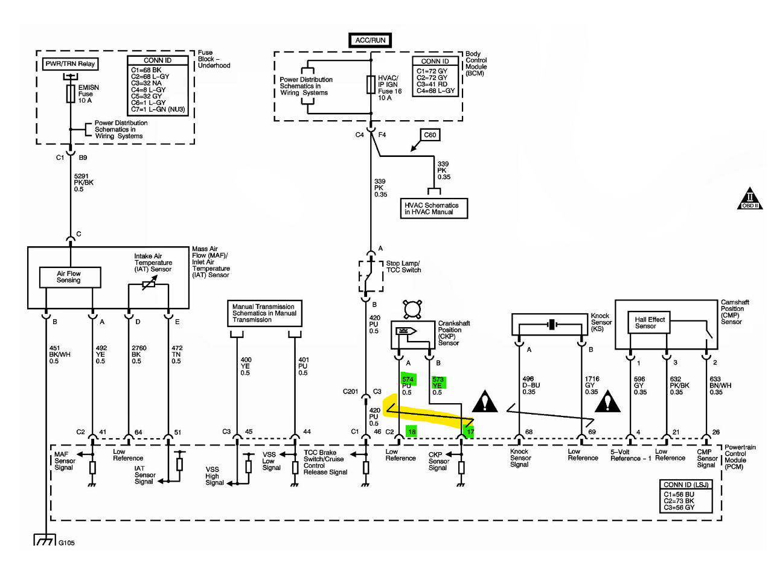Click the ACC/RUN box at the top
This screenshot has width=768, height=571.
pos(370,40)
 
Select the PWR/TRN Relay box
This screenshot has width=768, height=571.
pos(70,64)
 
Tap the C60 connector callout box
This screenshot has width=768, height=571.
pos(430,135)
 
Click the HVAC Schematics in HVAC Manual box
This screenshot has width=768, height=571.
pos(434,208)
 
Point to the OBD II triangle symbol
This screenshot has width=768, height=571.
pos(750,200)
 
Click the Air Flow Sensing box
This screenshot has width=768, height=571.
pos(70,277)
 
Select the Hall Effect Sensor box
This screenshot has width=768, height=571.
pos(648,322)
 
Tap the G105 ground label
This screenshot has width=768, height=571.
pos(66,543)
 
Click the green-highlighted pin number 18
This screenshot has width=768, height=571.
pos(411,432)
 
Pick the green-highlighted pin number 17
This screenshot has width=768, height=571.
pos(470,432)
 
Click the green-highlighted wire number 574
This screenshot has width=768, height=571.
pos(408,379)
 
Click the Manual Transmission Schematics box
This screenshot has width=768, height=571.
pos(264,313)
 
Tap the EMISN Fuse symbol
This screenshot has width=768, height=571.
pos(71,94)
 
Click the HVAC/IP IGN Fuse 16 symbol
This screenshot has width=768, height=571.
pos(371,85)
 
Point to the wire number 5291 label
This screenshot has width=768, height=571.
pos(81,176)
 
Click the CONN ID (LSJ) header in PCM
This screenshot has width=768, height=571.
pos(685,485)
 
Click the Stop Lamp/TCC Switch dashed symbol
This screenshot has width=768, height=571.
pos(371,276)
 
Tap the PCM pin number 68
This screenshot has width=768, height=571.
pos(529,432)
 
